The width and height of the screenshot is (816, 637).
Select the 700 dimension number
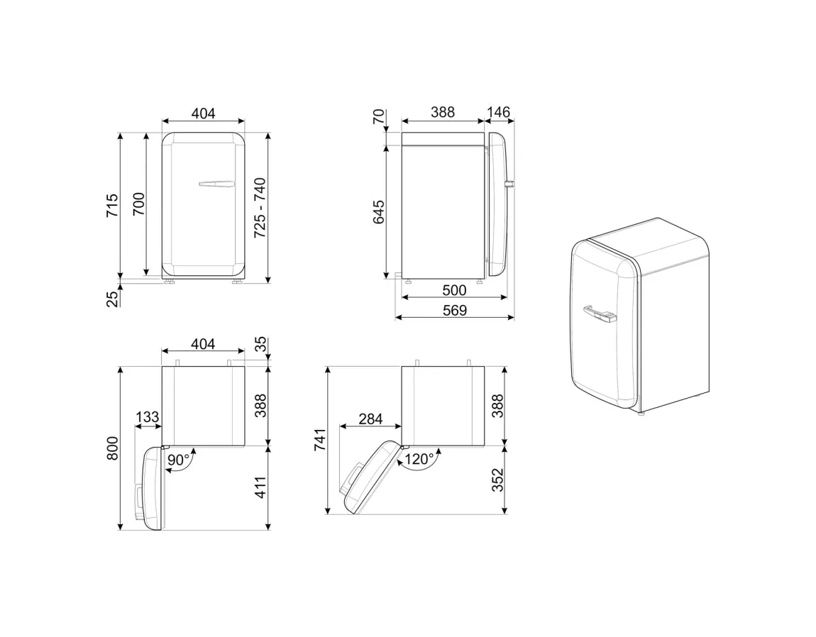pyautogui.click(x=139, y=204)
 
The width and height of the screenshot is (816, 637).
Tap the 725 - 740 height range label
pyautogui.click(x=260, y=207)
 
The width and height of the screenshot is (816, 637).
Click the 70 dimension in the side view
pyautogui.click(x=378, y=117)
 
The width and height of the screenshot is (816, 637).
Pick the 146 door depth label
pyautogui.click(x=499, y=112)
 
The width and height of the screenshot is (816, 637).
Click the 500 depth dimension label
pyautogui.click(x=454, y=289)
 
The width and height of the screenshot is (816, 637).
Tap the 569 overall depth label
pyautogui.click(x=454, y=310)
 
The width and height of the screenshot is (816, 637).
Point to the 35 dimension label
pyautogui.click(x=260, y=345)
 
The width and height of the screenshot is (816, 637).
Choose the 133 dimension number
pyautogui.click(x=147, y=417)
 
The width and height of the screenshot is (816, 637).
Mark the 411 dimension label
pyautogui.click(x=260, y=487)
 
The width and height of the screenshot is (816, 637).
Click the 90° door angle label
pyautogui.click(x=179, y=460)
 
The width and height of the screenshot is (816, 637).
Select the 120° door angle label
pyautogui.click(x=419, y=460)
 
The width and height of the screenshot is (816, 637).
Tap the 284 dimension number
pyautogui.click(x=370, y=419)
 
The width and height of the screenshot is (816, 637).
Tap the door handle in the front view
pyautogui.click(x=216, y=184)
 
